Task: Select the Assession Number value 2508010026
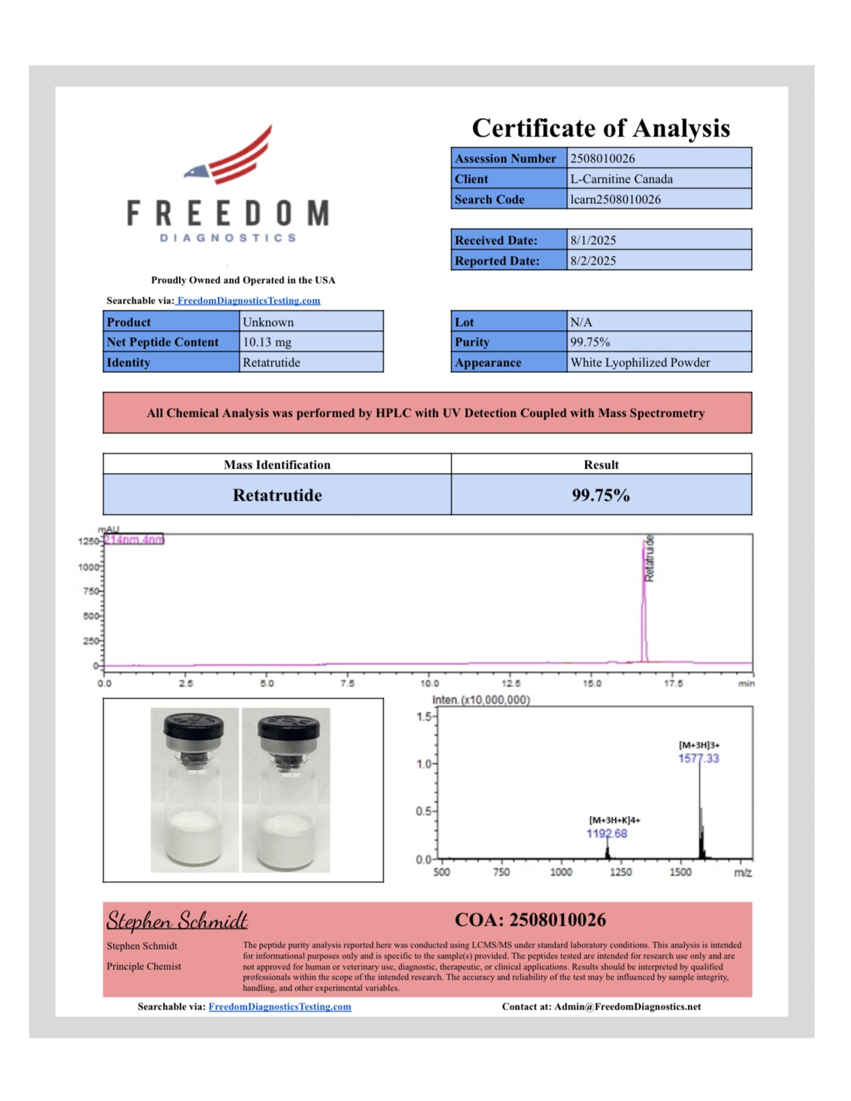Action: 603,158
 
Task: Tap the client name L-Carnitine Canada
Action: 621,179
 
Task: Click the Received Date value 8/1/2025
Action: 593,240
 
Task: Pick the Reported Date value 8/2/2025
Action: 593,261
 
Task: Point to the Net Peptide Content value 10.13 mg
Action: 267,342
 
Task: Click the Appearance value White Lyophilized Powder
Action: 640,362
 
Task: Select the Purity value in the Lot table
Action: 590,342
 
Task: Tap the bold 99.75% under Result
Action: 601,495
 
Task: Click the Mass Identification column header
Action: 277,465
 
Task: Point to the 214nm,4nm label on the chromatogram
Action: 134,540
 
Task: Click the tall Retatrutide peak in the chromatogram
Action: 644,600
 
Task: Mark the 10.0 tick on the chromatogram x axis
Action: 429,683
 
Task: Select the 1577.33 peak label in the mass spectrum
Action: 698,759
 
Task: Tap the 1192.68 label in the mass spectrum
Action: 607,834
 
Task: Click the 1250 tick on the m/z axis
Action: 620,872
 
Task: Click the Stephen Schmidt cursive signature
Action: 177,921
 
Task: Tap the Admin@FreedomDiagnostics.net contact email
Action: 627,1006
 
